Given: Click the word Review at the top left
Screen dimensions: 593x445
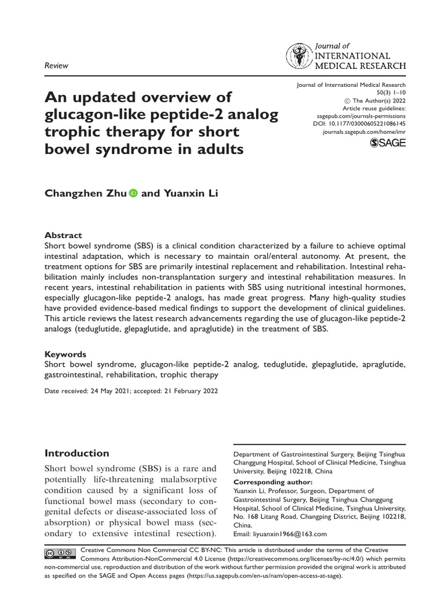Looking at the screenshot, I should tap(56, 65).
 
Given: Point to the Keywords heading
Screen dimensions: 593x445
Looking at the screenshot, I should tap(65, 354).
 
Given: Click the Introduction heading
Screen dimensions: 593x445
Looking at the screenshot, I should tap(76, 453).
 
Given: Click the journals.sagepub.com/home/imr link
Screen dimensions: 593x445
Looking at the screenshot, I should tap(364, 133).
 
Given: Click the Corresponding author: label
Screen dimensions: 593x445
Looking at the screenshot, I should tap(272, 482).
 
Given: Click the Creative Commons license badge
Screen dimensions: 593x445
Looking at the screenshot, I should tap(59, 554).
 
